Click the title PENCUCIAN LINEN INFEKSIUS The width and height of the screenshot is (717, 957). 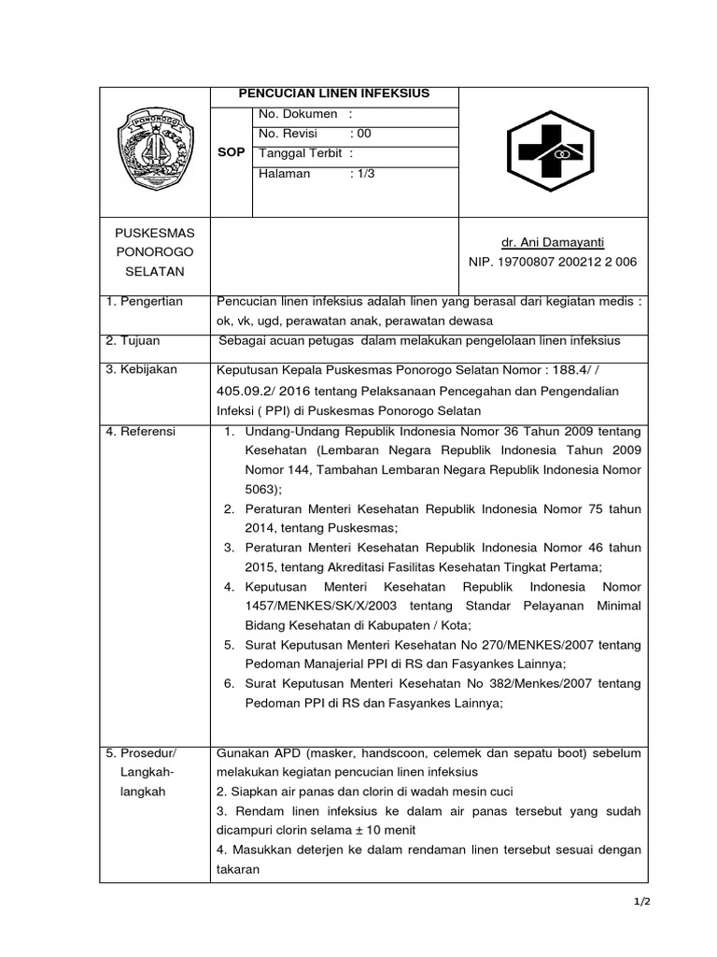pos(334,94)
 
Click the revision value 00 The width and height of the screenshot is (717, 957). pos(359,134)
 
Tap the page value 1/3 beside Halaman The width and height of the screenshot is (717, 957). pos(361,174)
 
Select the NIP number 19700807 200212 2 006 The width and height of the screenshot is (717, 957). pos(553,263)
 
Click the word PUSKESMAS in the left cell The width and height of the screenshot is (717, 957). pos(149,232)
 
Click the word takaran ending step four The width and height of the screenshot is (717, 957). pos(238,867)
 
